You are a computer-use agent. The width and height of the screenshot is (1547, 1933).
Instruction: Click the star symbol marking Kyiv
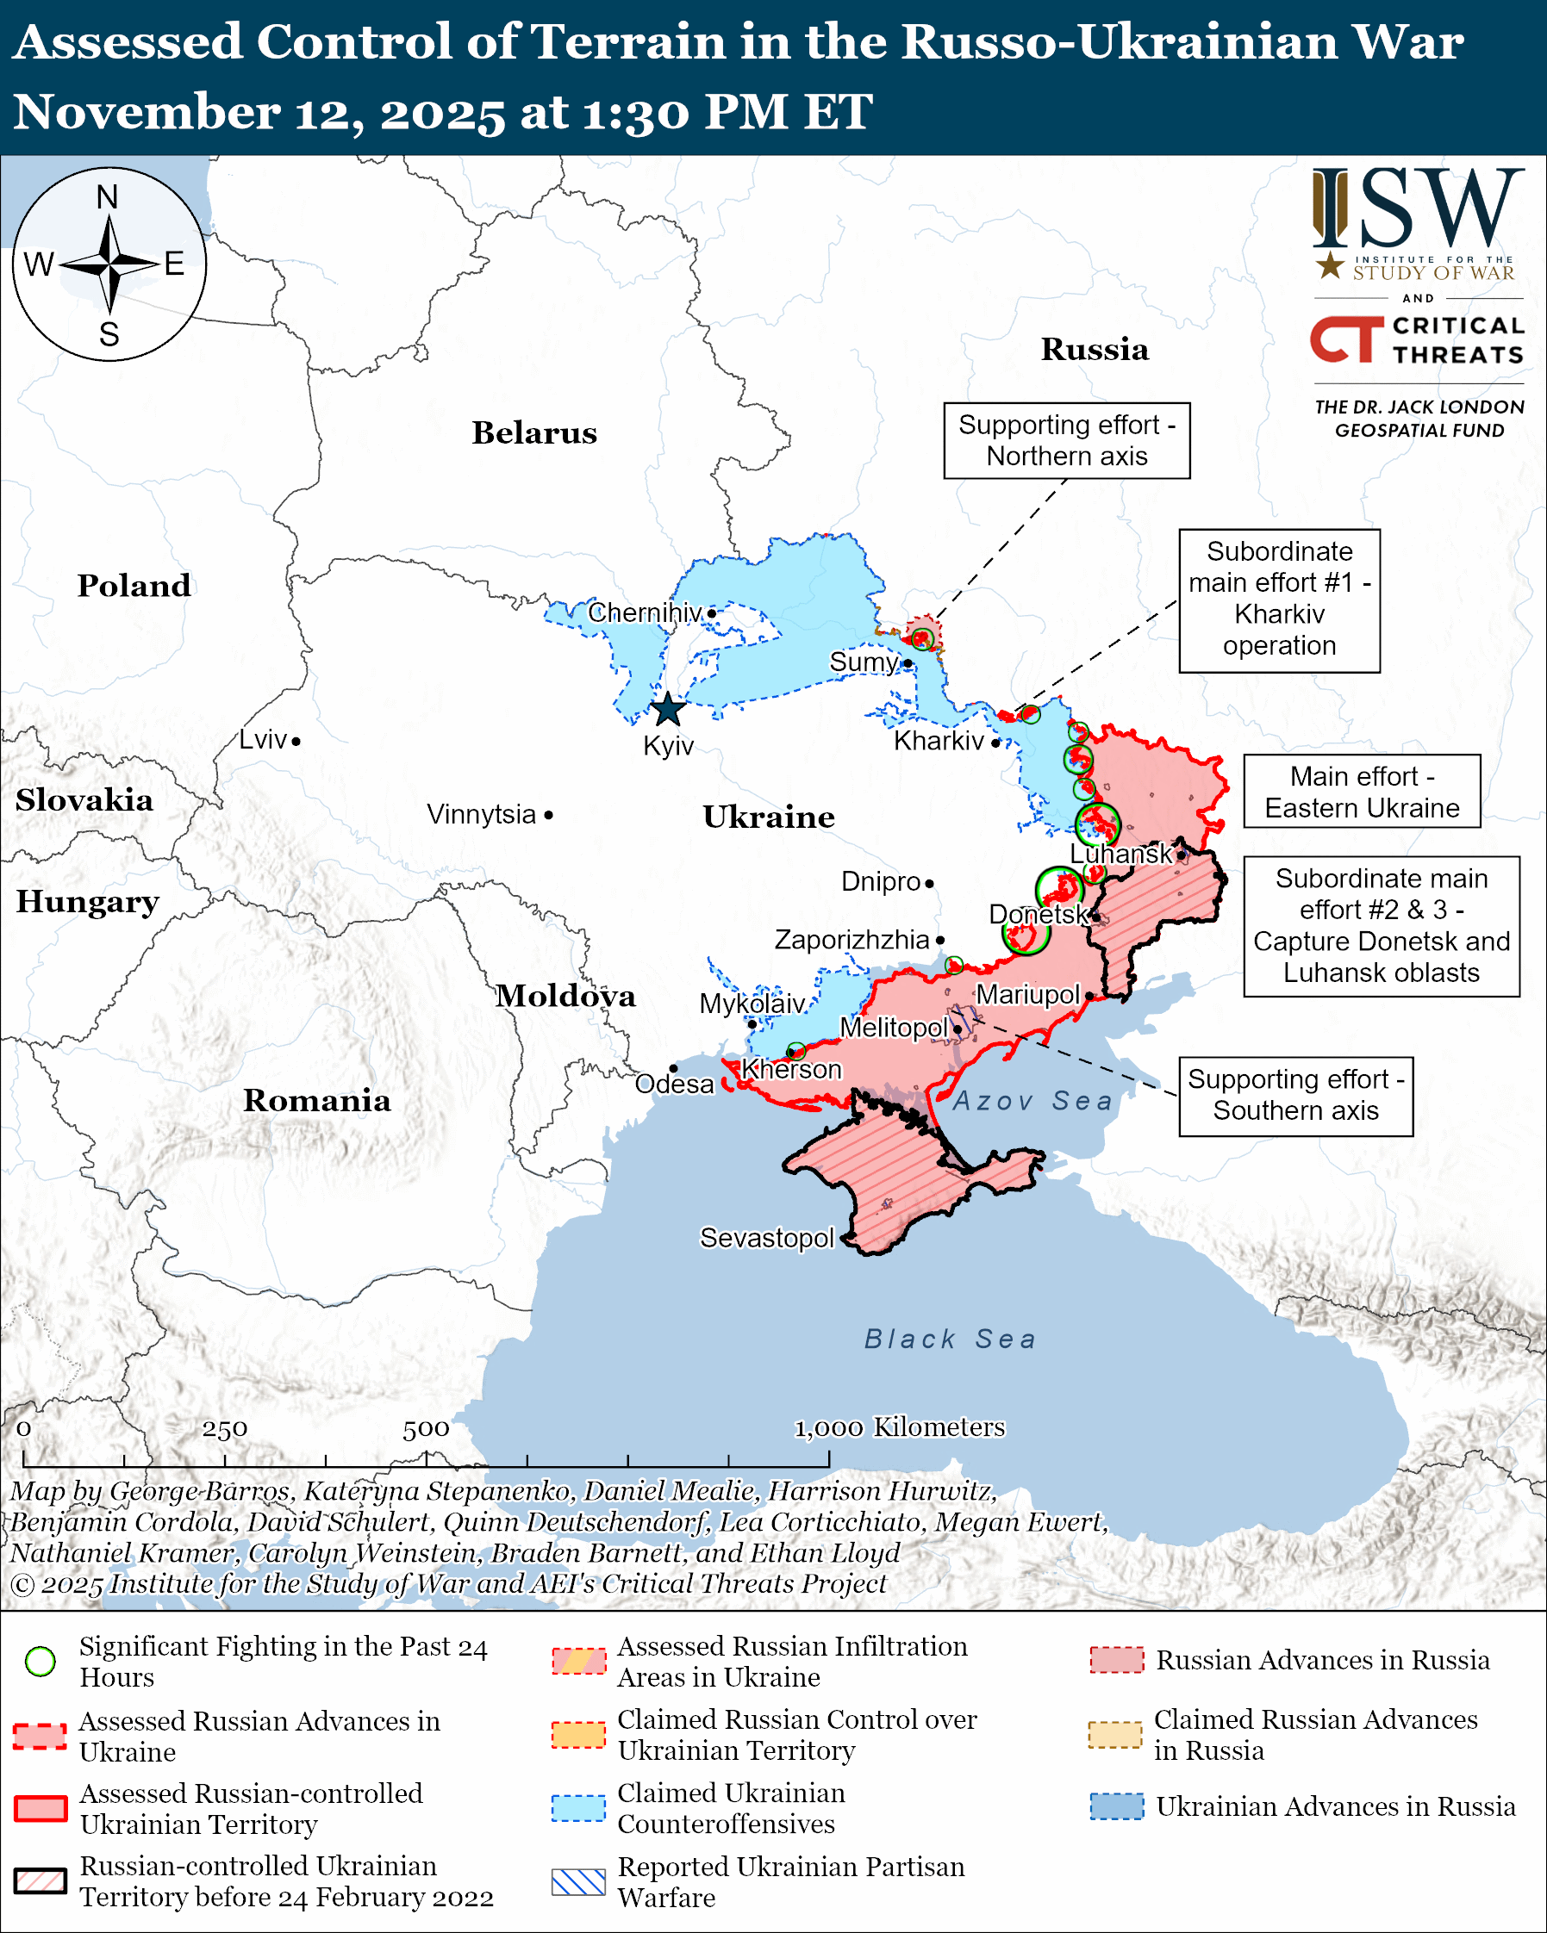668,709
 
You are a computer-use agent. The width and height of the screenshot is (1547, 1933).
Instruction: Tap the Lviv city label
263,740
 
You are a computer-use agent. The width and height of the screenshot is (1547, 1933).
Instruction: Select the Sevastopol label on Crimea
767,1238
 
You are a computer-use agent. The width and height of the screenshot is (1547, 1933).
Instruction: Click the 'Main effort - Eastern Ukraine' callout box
1362,792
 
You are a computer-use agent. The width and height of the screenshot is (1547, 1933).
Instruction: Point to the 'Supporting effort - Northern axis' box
1066,441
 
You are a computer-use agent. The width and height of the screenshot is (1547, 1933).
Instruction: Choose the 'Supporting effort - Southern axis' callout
1295,1096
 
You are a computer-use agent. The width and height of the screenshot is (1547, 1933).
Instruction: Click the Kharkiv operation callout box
1279,599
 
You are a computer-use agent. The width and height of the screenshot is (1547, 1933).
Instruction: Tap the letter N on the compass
108,197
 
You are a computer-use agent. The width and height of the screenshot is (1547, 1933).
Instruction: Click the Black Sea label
950,1339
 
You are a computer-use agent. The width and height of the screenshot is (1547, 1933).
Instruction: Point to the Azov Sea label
1032,1101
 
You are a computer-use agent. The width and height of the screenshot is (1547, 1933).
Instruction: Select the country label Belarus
534,433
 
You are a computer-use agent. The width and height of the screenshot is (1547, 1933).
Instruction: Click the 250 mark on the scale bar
224,1429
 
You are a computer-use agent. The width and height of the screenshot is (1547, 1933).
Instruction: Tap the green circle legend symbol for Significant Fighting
41,1662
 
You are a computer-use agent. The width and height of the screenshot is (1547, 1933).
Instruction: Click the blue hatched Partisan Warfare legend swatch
578,1882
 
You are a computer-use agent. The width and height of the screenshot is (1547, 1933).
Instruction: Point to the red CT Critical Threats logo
1345,339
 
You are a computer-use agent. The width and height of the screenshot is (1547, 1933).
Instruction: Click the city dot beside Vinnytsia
549,815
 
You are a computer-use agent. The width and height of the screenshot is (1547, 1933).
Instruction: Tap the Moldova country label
566,996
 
